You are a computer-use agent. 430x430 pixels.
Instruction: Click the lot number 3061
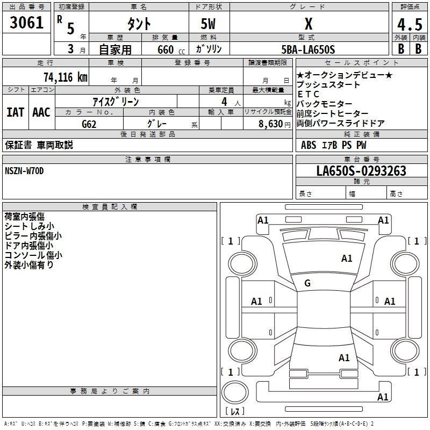27,23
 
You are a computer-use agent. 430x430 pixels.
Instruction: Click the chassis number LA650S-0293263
361,171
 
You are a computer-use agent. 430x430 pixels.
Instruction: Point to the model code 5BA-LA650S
309,49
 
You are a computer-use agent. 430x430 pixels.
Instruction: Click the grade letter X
308,24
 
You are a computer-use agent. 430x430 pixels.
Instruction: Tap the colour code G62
90,123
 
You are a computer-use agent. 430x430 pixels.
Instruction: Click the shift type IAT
15,112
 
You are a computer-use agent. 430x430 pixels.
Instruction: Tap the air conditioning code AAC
41,112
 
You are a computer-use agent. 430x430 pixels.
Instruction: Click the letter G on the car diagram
307,283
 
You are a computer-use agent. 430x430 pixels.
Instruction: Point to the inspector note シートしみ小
29,226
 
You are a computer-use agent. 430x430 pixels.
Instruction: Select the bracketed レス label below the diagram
235,412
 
